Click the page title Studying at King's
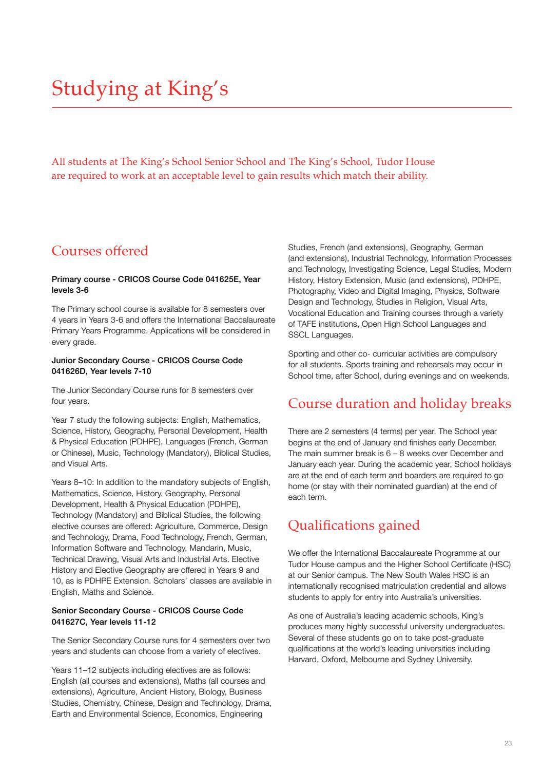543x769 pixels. pyautogui.click(x=140, y=88)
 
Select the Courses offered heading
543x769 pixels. pyautogui.click(x=100, y=251)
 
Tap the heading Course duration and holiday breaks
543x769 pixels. pyautogui.click(x=399, y=403)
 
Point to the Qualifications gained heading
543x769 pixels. pyautogui.click(x=354, y=525)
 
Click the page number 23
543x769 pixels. pyautogui.click(x=508, y=743)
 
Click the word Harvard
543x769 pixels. pyautogui.click(x=302, y=660)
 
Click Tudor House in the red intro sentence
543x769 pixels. pyautogui.click(x=405, y=162)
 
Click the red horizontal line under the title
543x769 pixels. pyautogui.click(x=281, y=107)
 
